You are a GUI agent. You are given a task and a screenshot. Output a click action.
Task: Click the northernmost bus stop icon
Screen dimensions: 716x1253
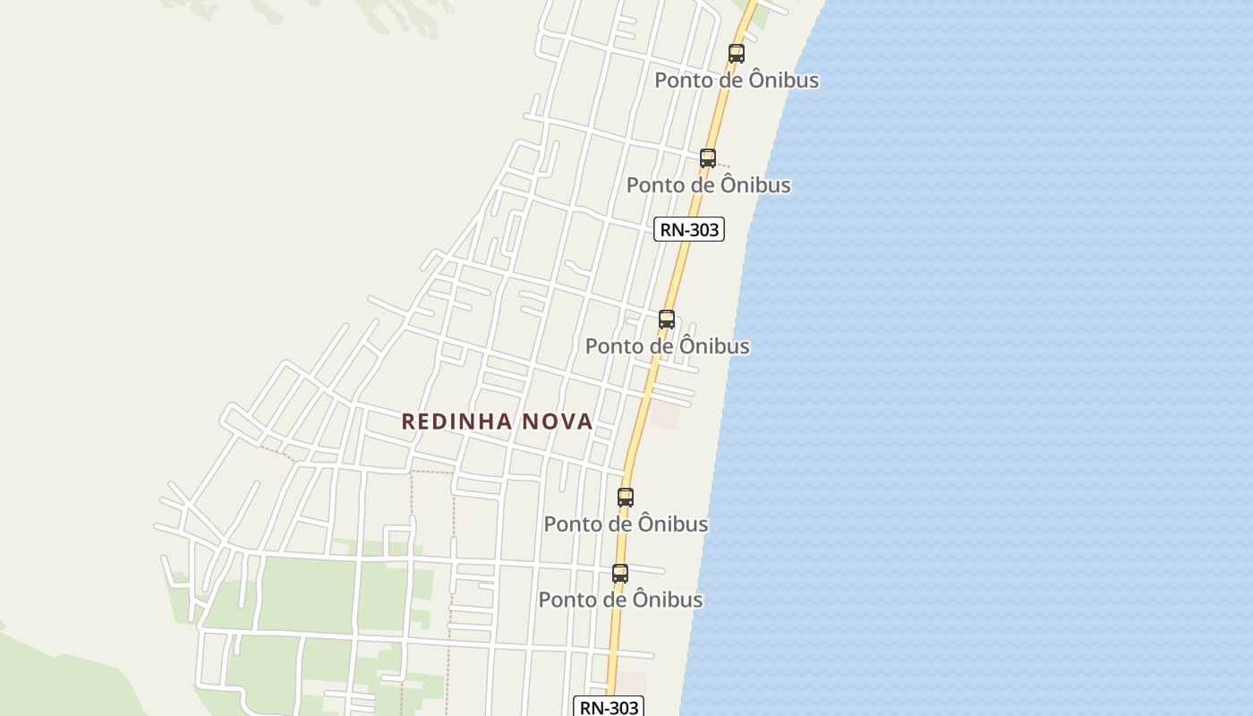(736, 54)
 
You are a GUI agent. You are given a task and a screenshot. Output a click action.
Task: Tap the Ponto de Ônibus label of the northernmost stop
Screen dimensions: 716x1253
(736, 81)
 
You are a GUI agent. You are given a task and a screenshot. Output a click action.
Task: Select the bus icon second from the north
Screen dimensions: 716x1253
(707, 158)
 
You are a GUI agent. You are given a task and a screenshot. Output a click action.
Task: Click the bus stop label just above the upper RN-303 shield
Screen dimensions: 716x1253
(708, 185)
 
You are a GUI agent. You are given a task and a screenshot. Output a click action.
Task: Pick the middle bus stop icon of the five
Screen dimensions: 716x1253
(666, 320)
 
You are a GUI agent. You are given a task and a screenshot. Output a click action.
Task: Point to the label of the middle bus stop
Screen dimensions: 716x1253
(667, 346)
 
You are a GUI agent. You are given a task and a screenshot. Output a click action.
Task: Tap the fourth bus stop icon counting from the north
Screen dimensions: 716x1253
(625, 498)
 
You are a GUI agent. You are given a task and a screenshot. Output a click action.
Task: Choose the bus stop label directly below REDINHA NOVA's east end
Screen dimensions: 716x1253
(626, 524)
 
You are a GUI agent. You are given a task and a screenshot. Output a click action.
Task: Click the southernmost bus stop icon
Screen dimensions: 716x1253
(619, 574)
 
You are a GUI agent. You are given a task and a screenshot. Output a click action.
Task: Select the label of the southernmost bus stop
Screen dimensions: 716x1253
(620, 601)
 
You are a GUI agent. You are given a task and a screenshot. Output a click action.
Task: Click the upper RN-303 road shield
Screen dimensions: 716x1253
(688, 230)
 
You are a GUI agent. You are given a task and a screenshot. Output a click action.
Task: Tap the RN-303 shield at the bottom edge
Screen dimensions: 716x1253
(609, 708)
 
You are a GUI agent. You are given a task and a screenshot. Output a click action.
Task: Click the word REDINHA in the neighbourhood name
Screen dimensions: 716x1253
(456, 422)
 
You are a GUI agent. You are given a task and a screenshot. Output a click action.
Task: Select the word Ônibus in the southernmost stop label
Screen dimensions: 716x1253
(668, 600)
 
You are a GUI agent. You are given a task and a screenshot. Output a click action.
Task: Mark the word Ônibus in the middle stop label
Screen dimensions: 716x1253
(714, 345)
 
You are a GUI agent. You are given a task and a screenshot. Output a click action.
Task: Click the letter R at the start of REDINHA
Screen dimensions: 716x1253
(409, 422)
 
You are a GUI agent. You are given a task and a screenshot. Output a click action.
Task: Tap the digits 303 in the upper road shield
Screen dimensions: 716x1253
(703, 230)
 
